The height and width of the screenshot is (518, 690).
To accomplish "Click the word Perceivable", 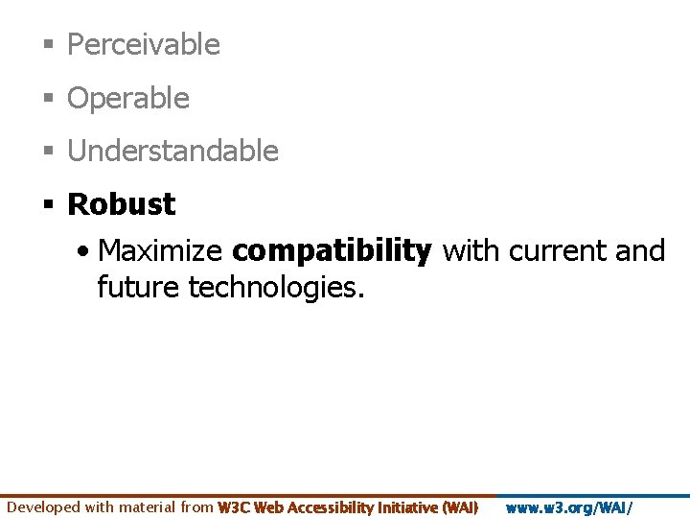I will coord(144,44).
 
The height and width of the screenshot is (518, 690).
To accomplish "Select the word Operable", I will coord(128,98).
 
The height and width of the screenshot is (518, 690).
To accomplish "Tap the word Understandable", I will coord(172,151).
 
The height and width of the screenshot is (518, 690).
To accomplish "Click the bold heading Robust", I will coord(122,203).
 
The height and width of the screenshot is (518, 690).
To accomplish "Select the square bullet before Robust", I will coord(47,205).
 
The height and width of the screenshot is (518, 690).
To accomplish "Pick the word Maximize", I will coord(161,251).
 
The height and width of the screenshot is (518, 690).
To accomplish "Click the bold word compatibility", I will coord(333,251).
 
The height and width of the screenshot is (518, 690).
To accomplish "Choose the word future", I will coord(138,286).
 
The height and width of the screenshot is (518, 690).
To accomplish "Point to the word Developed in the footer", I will coord(44,507).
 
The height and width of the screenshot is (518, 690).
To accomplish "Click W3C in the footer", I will coord(234,507).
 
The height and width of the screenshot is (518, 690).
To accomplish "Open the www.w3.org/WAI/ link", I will coord(569,507).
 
